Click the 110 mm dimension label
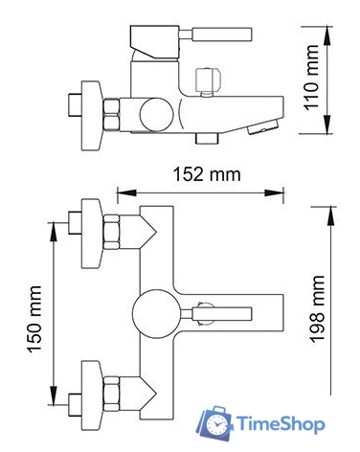[311, 78]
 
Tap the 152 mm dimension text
[207, 174]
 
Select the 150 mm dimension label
[34, 319]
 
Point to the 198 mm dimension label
[317, 309]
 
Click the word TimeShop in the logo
[281, 424]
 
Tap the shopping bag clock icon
[215, 423]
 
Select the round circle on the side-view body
[157, 114]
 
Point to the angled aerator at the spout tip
[263, 127]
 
